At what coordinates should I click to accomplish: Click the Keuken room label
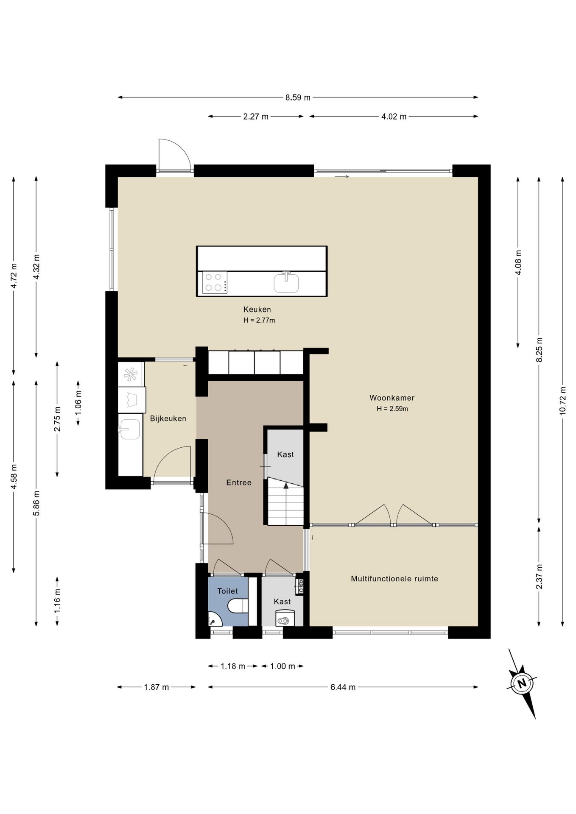(x=257, y=309)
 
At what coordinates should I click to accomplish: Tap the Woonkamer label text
(x=392, y=398)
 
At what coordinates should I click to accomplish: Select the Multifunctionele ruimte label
(x=394, y=579)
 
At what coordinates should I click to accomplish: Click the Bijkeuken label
(x=168, y=418)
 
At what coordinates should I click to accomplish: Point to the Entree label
(x=239, y=482)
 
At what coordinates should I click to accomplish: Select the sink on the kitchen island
(x=286, y=283)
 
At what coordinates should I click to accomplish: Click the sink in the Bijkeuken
(x=129, y=429)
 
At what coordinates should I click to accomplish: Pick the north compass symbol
(x=522, y=683)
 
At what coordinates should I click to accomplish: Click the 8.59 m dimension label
(x=298, y=98)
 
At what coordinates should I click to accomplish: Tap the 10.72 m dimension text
(x=563, y=401)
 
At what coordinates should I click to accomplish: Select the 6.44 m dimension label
(x=343, y=687)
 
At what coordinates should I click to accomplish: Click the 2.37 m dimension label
(x=539, y=577)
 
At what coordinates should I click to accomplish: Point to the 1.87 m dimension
(x=157, y=687)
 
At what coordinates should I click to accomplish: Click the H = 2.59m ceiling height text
(x=392, y=409)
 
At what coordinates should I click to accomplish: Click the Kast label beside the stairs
(x=285, y=454)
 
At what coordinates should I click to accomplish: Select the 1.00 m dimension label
(x=282, y=666)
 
